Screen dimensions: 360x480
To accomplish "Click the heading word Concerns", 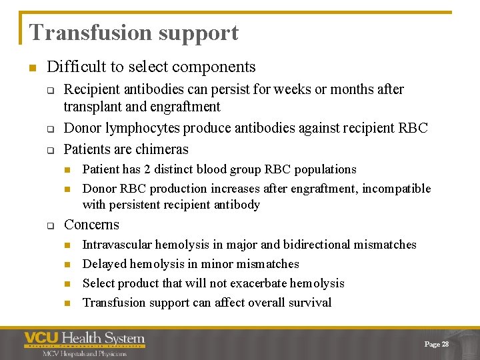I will (91, 225).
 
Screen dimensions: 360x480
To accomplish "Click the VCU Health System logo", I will (85, 342).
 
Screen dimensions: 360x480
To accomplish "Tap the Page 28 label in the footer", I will (436, 344).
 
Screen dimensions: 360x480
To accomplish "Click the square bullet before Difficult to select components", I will (31, 67).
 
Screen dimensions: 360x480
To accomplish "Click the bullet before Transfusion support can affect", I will (67, 303).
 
